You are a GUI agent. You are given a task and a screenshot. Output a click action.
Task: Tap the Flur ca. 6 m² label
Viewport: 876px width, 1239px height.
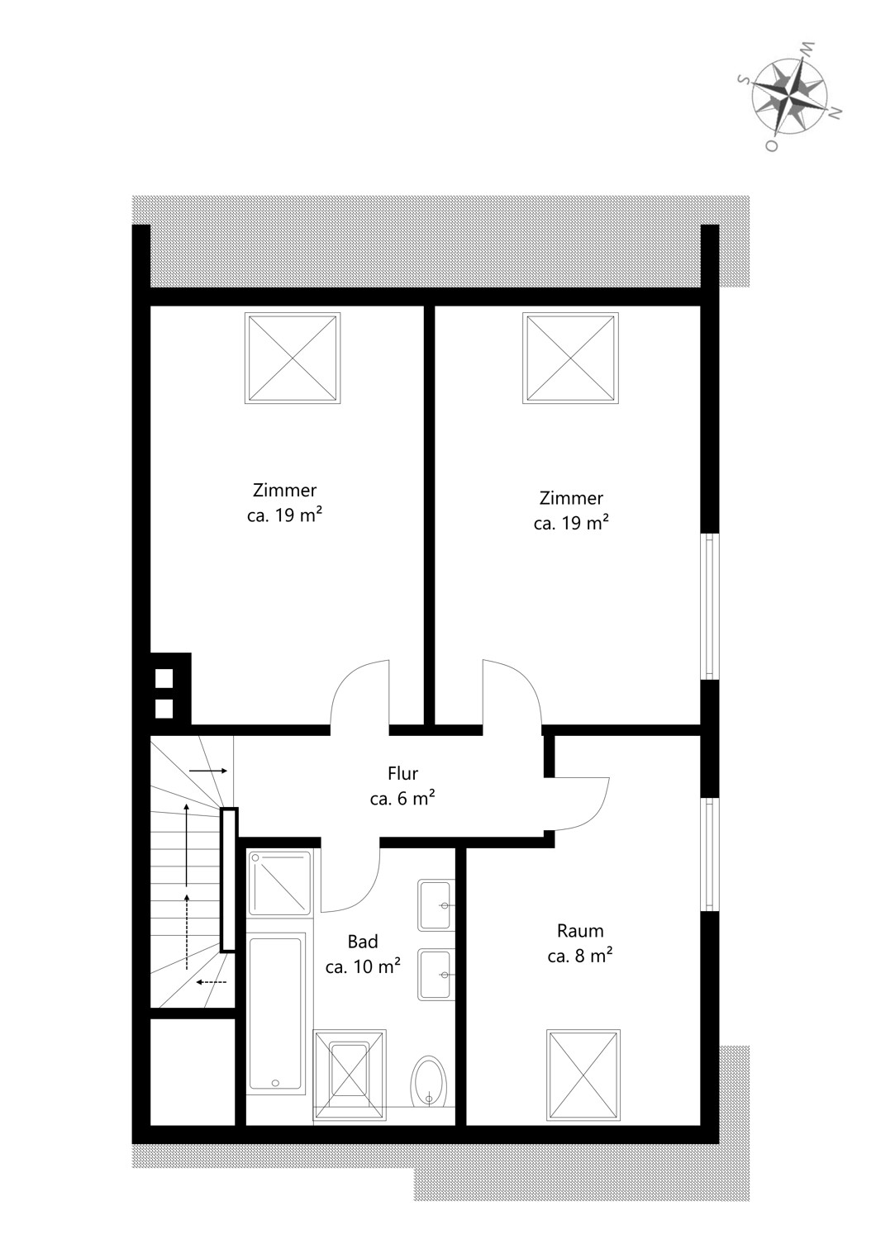coord(402,786)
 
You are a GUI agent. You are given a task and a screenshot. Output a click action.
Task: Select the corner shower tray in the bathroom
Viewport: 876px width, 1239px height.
coord(280,883)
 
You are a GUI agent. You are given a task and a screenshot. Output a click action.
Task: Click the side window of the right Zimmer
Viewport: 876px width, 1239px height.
coord(710,606)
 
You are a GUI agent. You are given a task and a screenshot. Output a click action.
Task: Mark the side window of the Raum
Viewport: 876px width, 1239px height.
coord(710,854)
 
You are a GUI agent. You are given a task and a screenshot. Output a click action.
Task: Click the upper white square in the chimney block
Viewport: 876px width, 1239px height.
coord(164,677)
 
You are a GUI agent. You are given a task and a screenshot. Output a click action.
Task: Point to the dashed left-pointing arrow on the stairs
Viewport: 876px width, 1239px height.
coord(211,982)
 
